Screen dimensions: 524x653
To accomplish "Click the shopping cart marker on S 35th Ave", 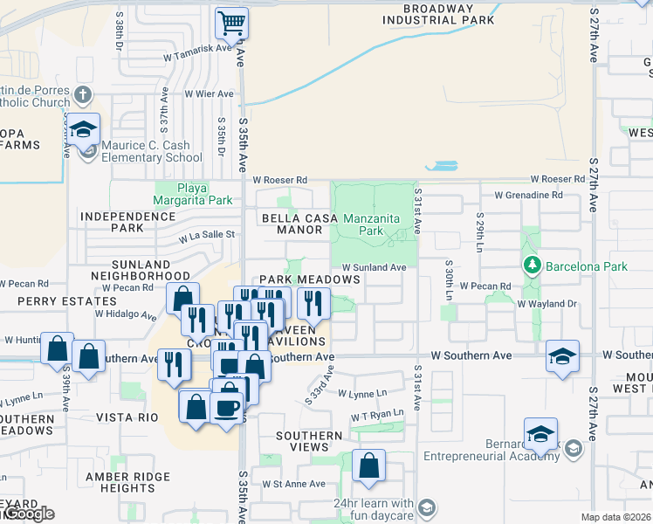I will (231, 23).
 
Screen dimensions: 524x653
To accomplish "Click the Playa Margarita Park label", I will (194, 193).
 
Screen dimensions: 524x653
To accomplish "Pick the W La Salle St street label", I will (208, 234).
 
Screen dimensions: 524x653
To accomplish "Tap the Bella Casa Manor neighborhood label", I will (293, 224).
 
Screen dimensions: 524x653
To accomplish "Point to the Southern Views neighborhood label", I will (309, 441).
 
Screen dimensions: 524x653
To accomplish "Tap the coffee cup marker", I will (227, 407).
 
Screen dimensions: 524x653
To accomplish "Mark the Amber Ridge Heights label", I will (120, 481).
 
